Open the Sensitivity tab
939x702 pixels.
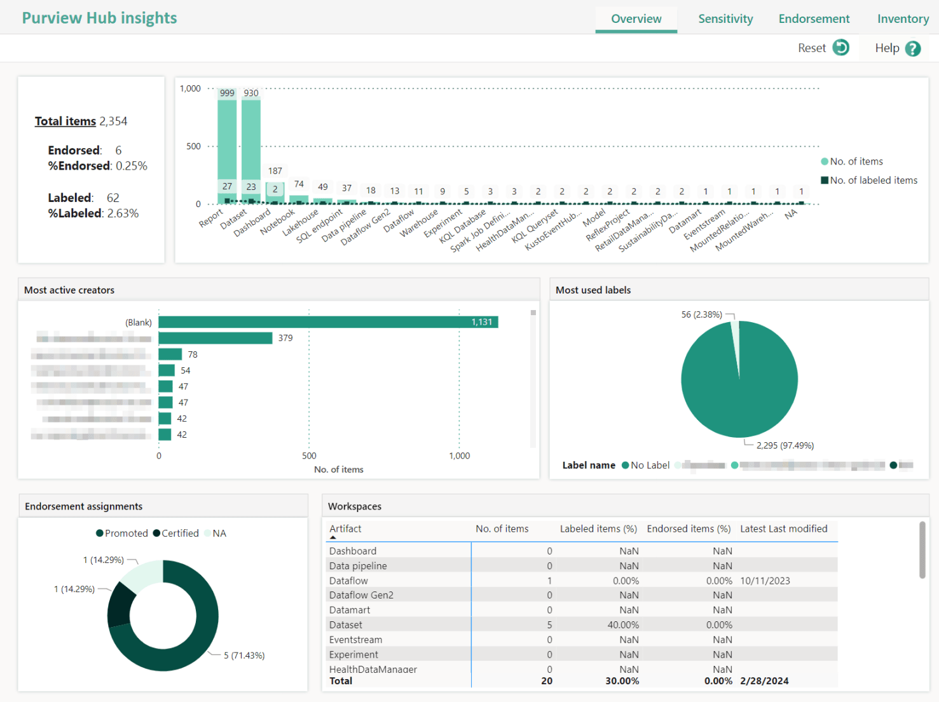(725, 19)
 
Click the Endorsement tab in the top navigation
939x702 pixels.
(814, 19)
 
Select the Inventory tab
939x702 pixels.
(903, 19)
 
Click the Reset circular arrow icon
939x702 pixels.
(841, 48)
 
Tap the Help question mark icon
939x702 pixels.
(913, 48)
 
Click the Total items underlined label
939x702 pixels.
(65, 121)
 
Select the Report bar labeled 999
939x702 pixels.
(227, 140)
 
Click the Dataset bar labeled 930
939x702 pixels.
(251, 140)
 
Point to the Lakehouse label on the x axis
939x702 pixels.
(300, 223)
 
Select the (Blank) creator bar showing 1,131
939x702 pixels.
(327, 322)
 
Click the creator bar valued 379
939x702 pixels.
(215, 338)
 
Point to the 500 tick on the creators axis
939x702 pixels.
(309, 456)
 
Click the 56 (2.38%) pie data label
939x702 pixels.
(701, 314)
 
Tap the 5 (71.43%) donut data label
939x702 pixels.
(244, 656)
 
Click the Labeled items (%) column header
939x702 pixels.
(598, 529)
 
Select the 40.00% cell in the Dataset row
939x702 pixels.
(622, 625)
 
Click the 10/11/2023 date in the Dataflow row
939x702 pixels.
(765, 581)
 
